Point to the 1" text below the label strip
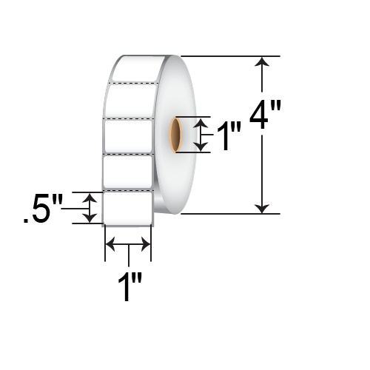pos(130,287)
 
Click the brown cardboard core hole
pos(175,135)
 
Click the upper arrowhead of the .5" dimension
pos(90,198)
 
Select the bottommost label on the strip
pos(128,206)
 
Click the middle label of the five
pos(129,135)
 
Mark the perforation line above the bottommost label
pos(128,190)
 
